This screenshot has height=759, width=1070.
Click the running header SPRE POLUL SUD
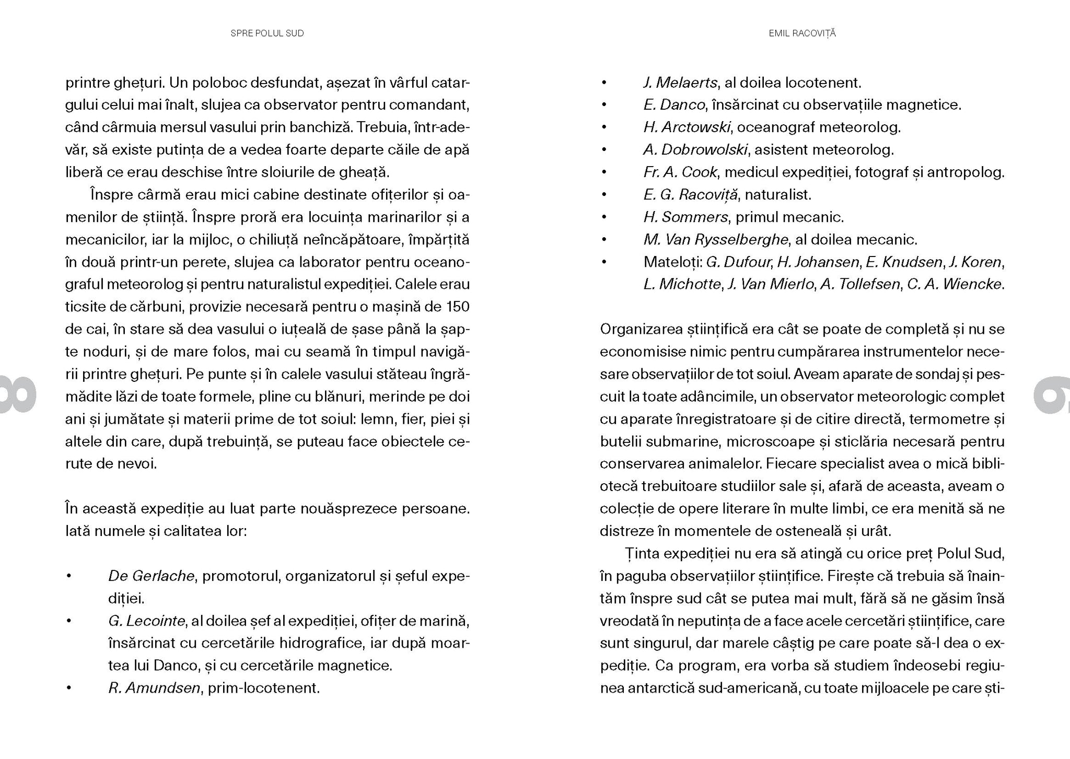tap(267, 33)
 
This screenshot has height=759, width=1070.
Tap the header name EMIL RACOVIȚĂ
tap(802, 33)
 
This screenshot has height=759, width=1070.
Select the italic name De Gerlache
tap(151, 576)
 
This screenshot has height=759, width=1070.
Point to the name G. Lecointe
tap(146, 621)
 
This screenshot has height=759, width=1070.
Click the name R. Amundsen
tap(154, 688)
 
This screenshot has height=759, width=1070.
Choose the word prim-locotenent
tap(263, 688)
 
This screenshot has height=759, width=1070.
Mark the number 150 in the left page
tap(458, 307)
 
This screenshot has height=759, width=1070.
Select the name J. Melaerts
tap(680, 83)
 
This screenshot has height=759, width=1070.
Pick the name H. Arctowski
tap(687, 127)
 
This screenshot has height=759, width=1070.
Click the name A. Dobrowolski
tap(695, 150)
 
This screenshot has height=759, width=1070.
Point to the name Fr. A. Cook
tap(680, 172)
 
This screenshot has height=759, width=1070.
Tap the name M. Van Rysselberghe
tap(715, 240)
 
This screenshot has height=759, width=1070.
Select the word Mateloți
tap(671, 262)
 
